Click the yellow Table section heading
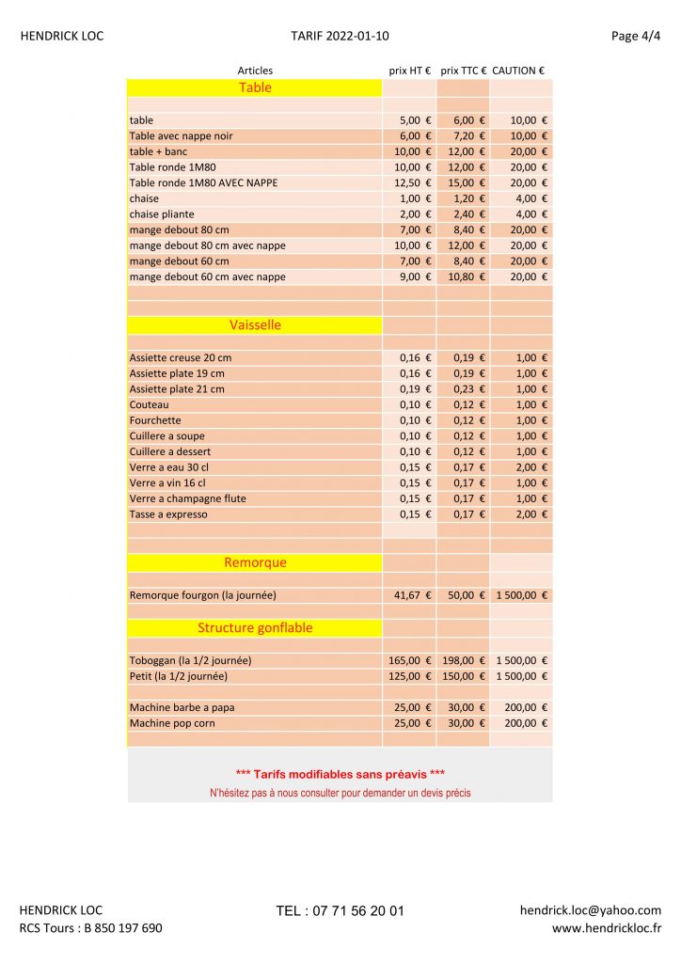point(255,87)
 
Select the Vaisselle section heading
point(255,324)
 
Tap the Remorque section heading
point(255,562)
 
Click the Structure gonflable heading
point(255,627)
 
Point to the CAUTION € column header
point(518,71)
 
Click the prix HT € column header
point(410,71)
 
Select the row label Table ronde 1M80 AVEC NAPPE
point(203,182)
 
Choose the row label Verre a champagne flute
point(187,498)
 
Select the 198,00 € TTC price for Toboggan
point(465,660)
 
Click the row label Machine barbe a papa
point(182,707)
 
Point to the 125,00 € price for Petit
point(410,676)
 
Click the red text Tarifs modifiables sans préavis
point(340,774)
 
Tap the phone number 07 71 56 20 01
point(340,911)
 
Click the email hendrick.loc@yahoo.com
point(590,910)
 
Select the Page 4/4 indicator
point(636,37)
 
